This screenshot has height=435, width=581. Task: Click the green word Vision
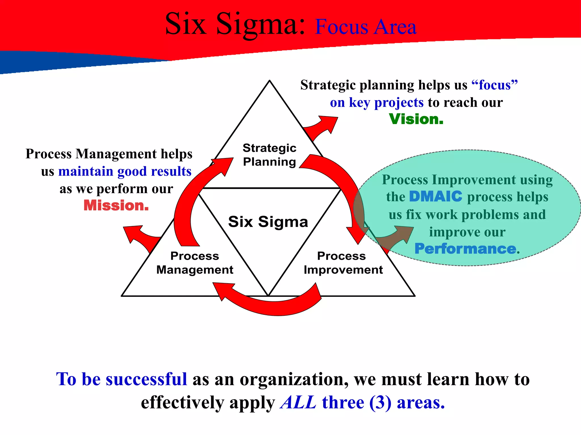pos(416,119)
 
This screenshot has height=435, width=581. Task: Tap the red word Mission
pos(116,206)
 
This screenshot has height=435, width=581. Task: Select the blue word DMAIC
pos(436,197)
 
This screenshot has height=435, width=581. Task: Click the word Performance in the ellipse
pos(465,249)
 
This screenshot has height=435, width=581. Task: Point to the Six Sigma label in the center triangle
pos(268,221)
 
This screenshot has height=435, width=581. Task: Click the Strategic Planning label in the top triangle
pos(270,155)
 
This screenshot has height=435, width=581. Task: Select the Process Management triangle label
pos(195,263)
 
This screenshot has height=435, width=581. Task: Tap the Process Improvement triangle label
pos(343,263)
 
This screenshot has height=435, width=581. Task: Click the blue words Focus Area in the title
pos(365,27)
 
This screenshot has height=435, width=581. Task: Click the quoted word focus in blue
pos(495,85)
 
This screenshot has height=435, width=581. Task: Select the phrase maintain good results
pos(125,171)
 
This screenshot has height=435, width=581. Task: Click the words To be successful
pos(122,379)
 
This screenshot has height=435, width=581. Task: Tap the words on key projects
pos(377,103)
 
